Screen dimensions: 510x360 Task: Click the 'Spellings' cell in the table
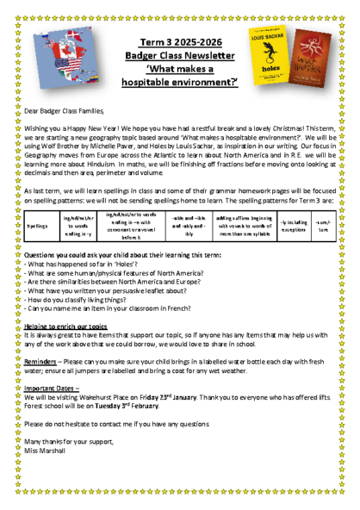(38, 227)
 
